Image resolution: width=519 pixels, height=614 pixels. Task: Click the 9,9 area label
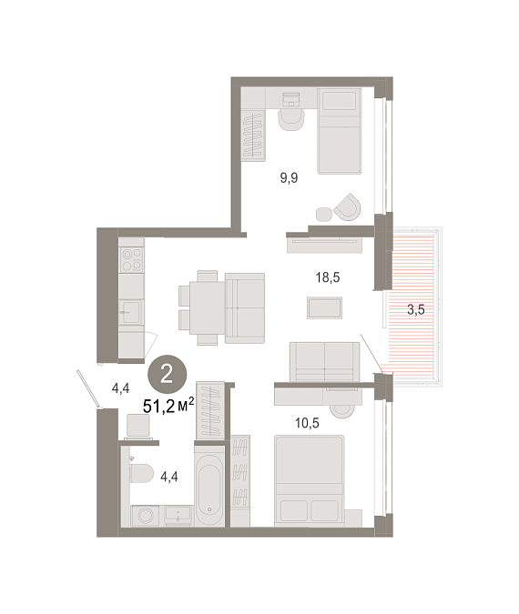[x=289, y=178]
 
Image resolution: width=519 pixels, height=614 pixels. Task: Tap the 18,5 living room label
[x=328, y=277]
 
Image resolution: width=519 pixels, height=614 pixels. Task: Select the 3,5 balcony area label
[x=416, y=310]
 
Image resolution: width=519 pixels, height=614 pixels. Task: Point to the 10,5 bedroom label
[x=307, y=423]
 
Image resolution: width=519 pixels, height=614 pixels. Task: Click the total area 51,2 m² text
[x=168, y=406]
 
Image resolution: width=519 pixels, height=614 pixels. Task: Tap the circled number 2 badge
[x=167, y=375]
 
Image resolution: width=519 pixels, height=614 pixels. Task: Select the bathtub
[x=209, y=489]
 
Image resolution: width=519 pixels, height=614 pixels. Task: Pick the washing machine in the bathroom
[x=146, y=516]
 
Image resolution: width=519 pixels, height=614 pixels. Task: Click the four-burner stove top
[x=131, y=260]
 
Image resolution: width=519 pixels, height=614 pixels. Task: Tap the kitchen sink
[x=131, y=312]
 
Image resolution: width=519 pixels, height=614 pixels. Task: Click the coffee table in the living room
[x=324, y=307]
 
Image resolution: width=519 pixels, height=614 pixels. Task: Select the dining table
[x=208, y=307]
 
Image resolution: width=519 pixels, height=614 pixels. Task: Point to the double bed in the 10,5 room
[x=310, y=481]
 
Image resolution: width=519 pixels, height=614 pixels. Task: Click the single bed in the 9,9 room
[x=340, y=131]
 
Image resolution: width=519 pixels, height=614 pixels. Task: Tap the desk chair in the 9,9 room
[x=291, y=119]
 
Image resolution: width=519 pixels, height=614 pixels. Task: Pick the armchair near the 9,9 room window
[x=347, y=206]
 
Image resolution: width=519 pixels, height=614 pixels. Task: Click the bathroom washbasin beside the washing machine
[x=178, y=516]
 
